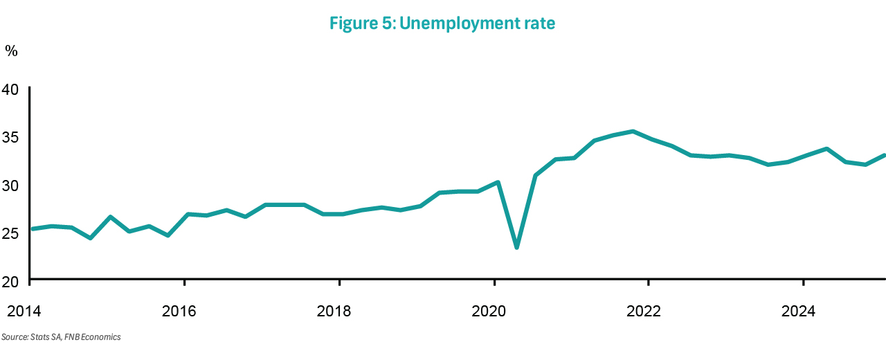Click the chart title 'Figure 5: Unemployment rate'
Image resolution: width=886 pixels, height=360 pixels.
coord(442,24)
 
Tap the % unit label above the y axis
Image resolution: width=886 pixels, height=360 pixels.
coord(11,51)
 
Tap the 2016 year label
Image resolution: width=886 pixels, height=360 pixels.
coord(180,312)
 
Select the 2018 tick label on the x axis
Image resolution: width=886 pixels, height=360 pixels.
coord(335,312)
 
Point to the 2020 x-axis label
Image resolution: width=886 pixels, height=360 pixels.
coord(489,312)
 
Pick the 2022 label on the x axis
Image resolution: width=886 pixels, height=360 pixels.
coord(644,312)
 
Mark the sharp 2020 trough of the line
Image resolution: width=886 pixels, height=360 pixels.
coord(516,247)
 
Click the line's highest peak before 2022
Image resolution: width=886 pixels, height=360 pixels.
coord(633,131)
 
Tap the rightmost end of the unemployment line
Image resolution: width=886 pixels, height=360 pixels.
coord(885,155)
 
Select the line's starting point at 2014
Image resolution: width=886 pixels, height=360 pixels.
coord(32,228)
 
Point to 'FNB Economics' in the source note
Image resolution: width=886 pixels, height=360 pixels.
coord(93,337)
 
